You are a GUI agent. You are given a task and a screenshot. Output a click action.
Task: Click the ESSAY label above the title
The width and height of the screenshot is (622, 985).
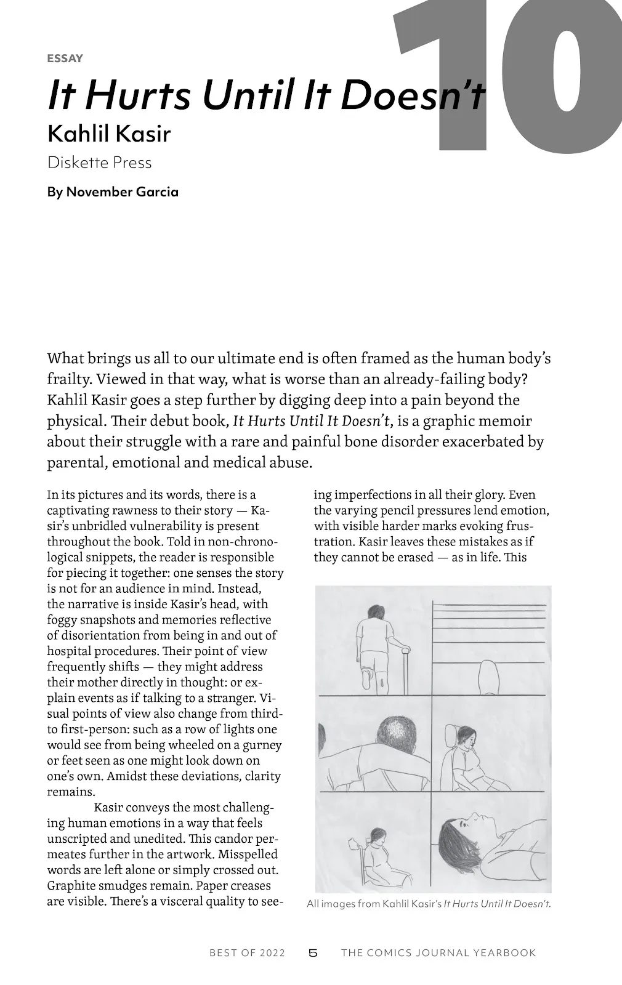(65, 58)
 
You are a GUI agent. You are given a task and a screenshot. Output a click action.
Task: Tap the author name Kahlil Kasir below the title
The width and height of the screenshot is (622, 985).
(108, 133)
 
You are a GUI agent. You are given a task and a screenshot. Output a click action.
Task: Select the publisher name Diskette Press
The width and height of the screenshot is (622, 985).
(99, 163)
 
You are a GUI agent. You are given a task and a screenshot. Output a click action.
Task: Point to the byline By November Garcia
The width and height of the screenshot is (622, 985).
(113, 192)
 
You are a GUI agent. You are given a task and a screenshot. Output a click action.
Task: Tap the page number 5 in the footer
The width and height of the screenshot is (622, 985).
(313, 953)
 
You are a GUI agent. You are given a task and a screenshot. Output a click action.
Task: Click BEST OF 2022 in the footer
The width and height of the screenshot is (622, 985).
(247, 953)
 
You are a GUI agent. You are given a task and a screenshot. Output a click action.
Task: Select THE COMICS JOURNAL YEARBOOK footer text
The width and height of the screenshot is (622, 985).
(438, 953)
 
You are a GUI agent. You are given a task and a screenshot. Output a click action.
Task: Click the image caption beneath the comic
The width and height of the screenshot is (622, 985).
(429, 904)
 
